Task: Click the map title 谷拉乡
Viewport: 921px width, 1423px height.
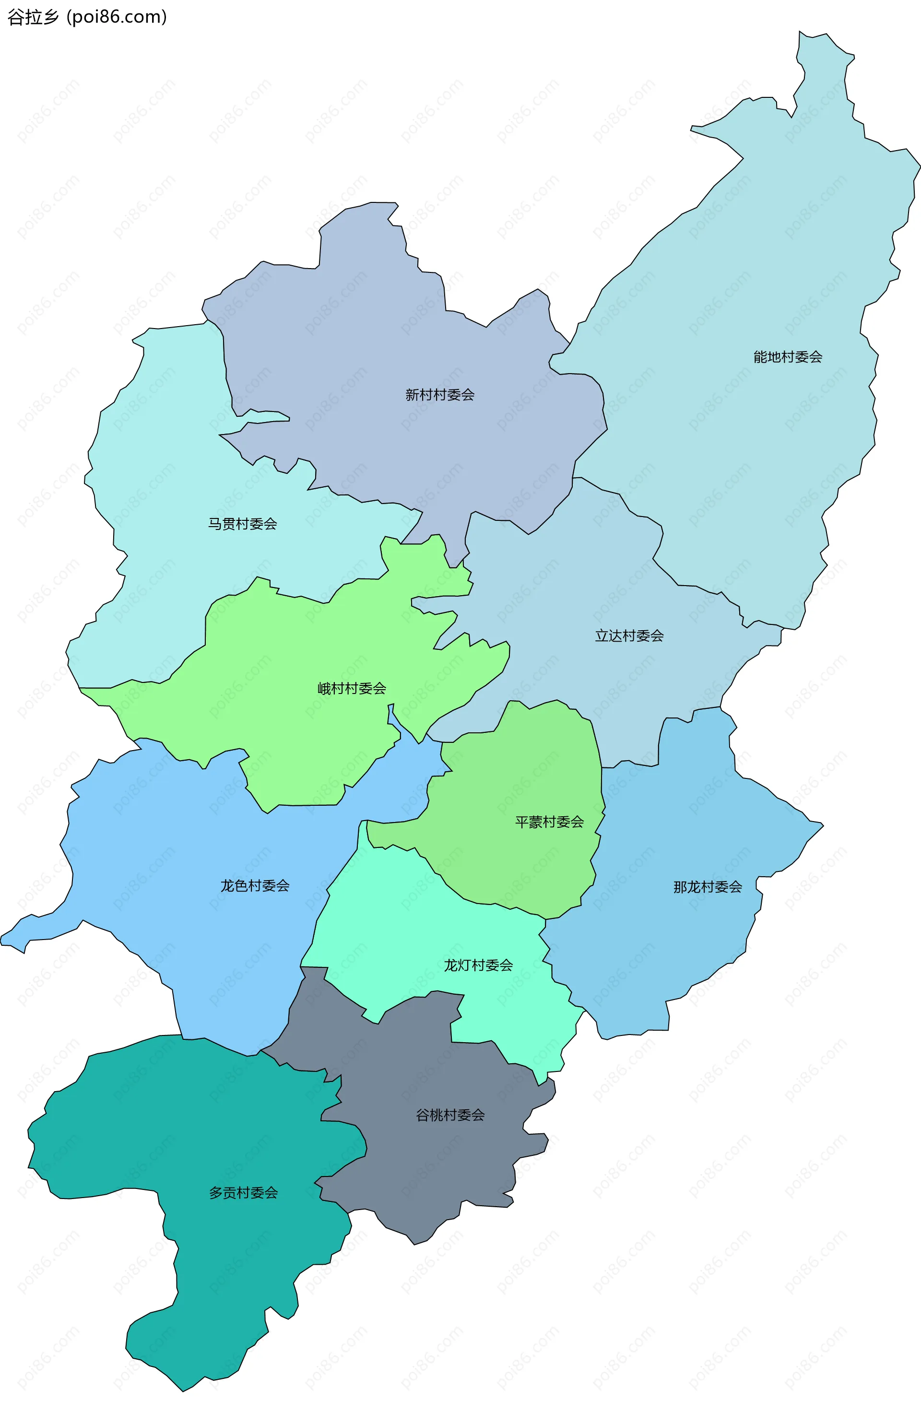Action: tap(33, 17)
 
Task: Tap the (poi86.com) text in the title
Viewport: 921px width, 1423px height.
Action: tap(117, 17)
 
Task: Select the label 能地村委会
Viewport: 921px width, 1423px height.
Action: tap(788, 357)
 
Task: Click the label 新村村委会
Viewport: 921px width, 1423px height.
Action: tap(439, 395)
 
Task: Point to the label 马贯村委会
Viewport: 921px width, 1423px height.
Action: tap(242, 524)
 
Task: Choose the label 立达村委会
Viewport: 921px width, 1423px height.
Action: tap(629, 635)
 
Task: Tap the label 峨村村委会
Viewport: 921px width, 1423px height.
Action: tap(352, 688)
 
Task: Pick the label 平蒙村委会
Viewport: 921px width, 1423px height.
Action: tap(549, 822)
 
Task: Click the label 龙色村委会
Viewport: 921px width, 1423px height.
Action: tap(255, 885)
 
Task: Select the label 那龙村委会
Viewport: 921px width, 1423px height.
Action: tap(708, 887)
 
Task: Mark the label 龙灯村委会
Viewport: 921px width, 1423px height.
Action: tap(478, 965)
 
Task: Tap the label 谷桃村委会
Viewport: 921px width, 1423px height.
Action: tap(450, 1115)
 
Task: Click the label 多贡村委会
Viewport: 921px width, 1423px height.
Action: tap(243, 1192)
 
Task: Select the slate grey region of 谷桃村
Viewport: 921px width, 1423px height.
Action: tap(419, 1172)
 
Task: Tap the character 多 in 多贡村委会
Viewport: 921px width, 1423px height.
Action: tap(216, 1192)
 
